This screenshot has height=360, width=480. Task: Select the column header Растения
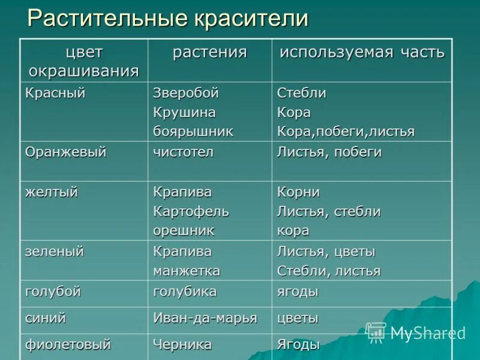[209, 52]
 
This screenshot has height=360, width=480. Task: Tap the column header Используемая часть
[362, 52]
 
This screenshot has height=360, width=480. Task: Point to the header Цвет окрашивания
[84, 62]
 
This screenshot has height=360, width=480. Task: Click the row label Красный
[55, 93]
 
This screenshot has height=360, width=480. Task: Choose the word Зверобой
[186, 93]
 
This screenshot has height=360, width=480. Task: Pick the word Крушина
[184, 112]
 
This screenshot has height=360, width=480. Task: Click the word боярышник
[193, 131]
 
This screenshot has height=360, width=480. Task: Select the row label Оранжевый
[65, 152]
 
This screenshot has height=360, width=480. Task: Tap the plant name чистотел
[183, 152]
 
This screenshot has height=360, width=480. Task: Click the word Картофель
[191, 211]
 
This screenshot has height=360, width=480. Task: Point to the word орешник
[184, 230]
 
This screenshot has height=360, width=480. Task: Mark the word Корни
[298, 192]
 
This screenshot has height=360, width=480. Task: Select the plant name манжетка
[187, 271]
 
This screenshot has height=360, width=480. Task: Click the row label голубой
[53, 292]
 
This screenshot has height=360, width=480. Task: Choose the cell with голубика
[185, 292]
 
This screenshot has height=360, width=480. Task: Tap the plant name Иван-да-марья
[205, 318]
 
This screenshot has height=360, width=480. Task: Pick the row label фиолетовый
[68, 344]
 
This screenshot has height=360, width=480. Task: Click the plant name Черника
[182, 344]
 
